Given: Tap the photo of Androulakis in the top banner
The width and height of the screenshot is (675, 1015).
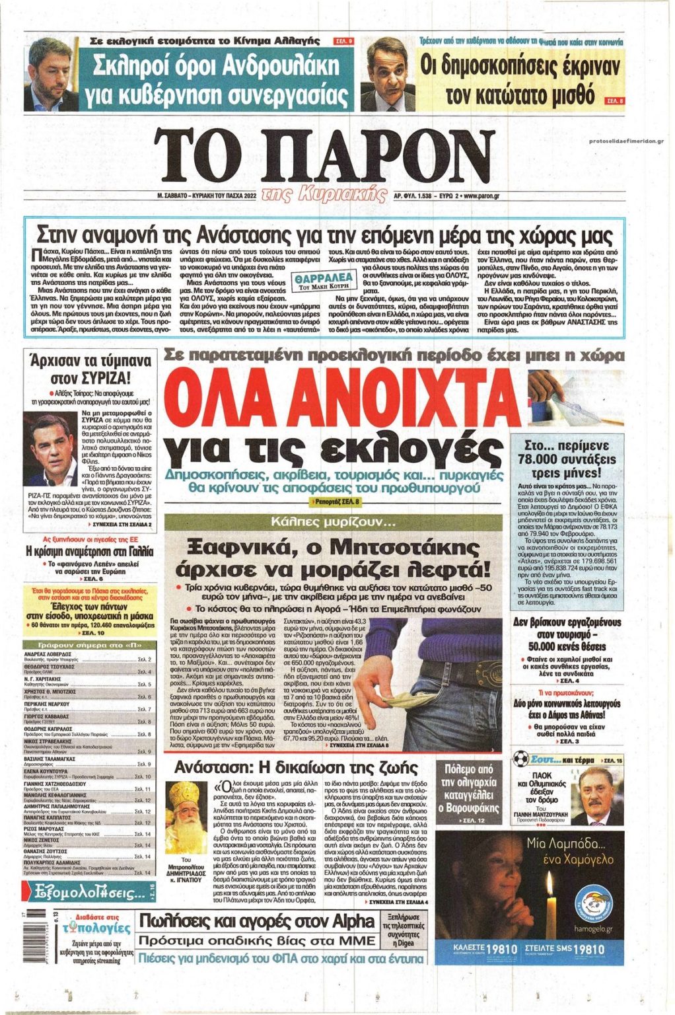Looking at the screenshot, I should click(x=51, y=74).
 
